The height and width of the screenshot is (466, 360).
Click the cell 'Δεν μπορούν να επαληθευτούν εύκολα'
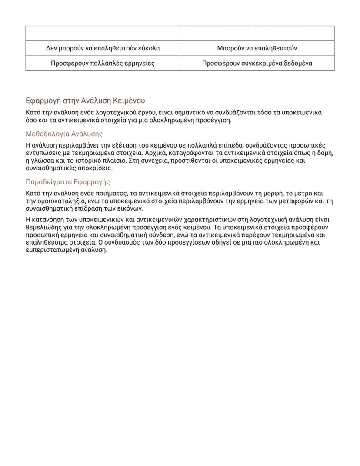pyautogui.click(x=103, y=48)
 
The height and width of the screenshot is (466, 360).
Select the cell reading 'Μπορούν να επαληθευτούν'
pyautogui.click(x=257, y=48)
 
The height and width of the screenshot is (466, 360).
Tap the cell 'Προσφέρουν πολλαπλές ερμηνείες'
pyautogui.click(x=103, y=63)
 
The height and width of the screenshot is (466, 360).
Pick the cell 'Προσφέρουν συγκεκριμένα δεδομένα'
pyautogui.click(x=257, y=63)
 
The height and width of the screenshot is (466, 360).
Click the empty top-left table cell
pyautogui.click(x=103, y=34)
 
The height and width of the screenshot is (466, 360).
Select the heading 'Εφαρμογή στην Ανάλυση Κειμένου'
pyautogui.click(x=85, y=101)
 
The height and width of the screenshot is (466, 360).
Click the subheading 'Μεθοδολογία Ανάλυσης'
pyautogui.click(x=64, y=134)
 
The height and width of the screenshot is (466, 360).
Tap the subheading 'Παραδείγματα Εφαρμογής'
pyautogui.click(x=68, y=182)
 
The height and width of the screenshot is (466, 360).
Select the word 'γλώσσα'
pyautogui.click(x=42, y=161)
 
